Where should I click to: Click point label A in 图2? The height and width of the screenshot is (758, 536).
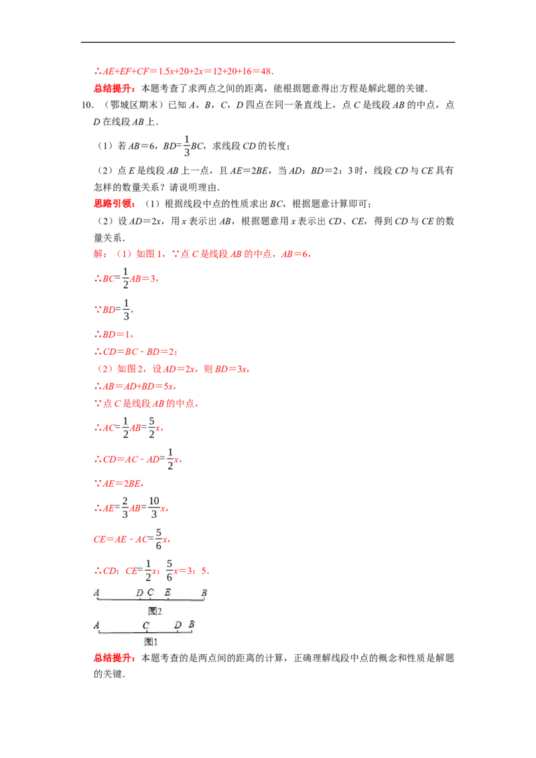[x=96, y=592]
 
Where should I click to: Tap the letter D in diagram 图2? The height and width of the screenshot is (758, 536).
[x=139, y=593]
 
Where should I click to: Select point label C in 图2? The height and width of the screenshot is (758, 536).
[x=151, y=592]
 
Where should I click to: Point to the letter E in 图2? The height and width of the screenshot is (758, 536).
[x=167, y=593]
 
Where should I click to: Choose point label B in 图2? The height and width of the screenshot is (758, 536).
[x=204, y=593]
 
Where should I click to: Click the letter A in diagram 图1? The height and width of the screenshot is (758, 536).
[x=96, y=625]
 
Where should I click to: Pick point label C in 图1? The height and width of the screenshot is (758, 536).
[x=145, y=625]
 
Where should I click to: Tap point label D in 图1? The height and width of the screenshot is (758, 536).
[x=178, y=625]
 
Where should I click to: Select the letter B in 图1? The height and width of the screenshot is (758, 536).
[x=192, y=624]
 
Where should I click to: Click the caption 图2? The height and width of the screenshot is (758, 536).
[x=155, y=611]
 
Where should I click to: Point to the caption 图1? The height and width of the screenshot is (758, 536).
[x=151, y=641]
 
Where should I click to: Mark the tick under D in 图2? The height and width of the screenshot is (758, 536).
[x=139, y=599]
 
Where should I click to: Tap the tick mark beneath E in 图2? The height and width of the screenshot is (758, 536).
[x=167, y=599]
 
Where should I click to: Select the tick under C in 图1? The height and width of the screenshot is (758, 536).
[x=145, y=632]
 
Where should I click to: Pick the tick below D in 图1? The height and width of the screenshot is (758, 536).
[x=178, y=632]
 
